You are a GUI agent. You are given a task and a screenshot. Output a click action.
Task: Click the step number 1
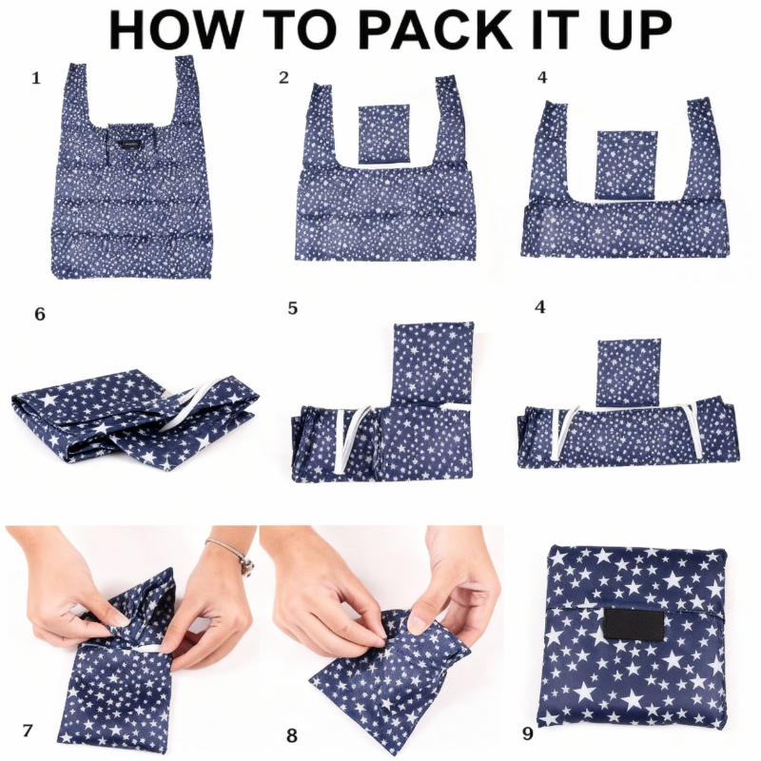[x=36, y=78]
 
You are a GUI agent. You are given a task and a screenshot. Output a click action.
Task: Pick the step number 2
[x=283, y=77]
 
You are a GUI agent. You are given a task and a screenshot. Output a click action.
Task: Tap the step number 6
[x=40, y=314]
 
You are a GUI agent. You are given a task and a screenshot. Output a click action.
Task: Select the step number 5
[x=292, y=308]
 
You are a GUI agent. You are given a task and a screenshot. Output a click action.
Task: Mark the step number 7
[x=28, y=731]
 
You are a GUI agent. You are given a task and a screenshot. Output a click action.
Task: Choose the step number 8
[x=292, y=735]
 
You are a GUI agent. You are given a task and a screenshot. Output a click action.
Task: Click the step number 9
[x=528, y=733]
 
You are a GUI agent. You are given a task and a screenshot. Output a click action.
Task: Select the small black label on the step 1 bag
[x=130, y=145]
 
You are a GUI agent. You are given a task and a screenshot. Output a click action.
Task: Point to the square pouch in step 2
[x=384, y=134]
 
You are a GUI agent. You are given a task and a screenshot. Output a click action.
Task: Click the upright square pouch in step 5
[x=433, y=361]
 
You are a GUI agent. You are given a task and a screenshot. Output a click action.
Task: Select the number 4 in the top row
[x=542, y=77]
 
